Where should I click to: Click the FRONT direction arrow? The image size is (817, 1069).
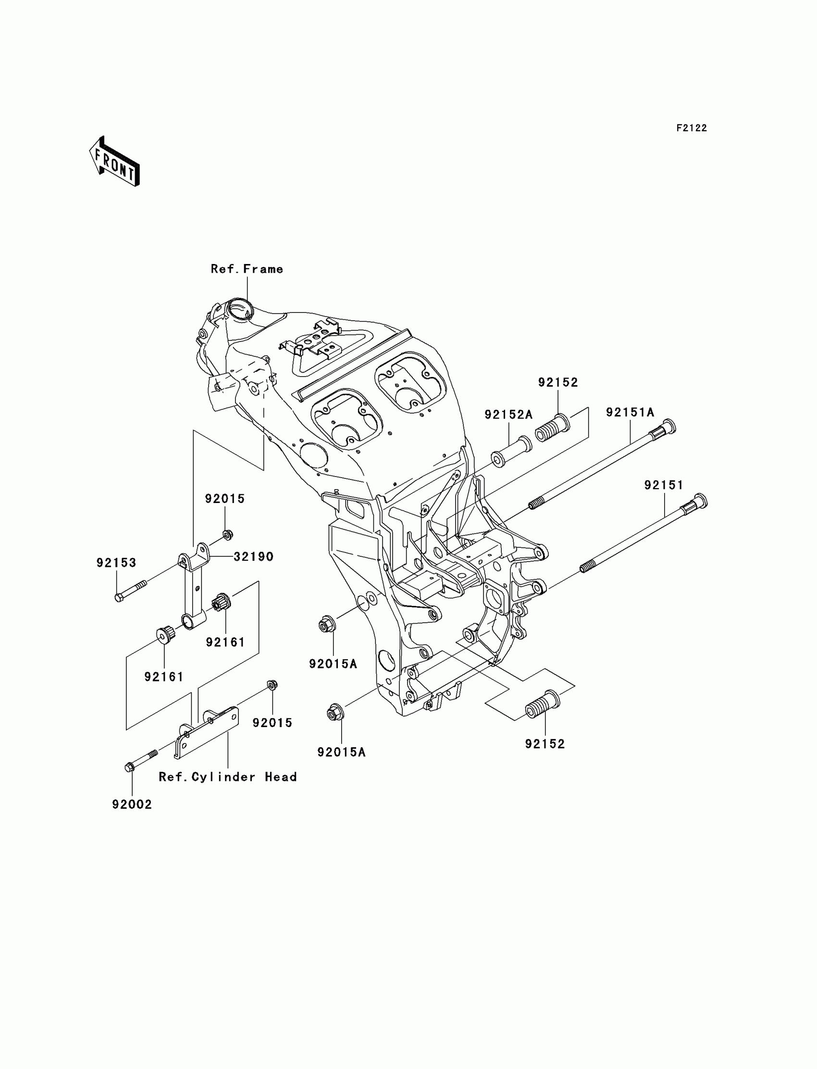[x=114, y=162]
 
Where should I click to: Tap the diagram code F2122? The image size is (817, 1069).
[x=692, y=128]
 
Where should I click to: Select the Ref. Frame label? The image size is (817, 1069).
[x=247, y=269]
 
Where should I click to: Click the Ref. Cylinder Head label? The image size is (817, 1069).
[x=228, y=777]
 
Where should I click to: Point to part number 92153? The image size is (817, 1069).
[x=116, y=563]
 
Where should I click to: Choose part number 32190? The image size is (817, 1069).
[x=253, y=557]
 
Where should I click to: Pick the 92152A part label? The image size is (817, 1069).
[x=508, y=415]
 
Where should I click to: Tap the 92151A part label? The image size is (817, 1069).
[x=630, y=413]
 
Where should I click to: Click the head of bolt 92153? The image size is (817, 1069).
[x=119, y=598]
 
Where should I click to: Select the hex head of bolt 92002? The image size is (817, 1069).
[x=129, y=767]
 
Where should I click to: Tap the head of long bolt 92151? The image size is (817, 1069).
[x=700, y=501]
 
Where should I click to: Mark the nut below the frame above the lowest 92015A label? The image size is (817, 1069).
[x=335, y=714]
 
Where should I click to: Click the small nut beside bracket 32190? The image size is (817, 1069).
[x=227, y=535]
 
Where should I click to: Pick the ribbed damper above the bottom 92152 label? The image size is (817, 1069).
[x=544, y=704]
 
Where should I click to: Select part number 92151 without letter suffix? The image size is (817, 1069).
[x=664, y=485]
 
